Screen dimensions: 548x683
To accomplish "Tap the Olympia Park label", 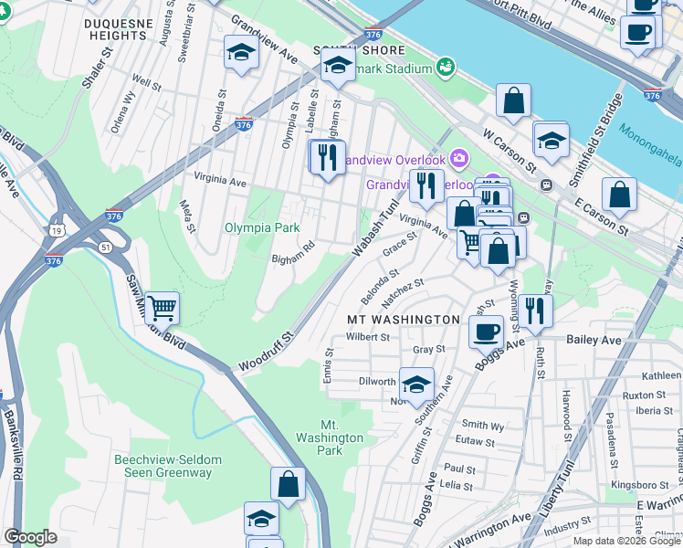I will pos(262,227).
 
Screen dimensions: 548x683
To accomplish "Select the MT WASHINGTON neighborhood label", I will pos(403,319).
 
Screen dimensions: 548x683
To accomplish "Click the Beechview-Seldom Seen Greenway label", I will pos(163,466).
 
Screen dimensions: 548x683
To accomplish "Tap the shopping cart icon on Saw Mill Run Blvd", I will pos(162,311).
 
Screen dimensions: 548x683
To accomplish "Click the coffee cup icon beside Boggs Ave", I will pos(486,331).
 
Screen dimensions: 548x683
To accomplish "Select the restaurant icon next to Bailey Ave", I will pos(535,311).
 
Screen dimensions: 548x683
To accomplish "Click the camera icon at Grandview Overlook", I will pos(458,158).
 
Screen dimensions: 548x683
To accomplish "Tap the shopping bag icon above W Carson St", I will pos(514,102).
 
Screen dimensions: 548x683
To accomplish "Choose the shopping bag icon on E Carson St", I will pos(619,195).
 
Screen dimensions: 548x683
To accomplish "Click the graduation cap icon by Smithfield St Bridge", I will pos(551,141).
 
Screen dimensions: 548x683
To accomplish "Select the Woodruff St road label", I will pos(265,353).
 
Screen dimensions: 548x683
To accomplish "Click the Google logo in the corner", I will pos(30,537).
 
